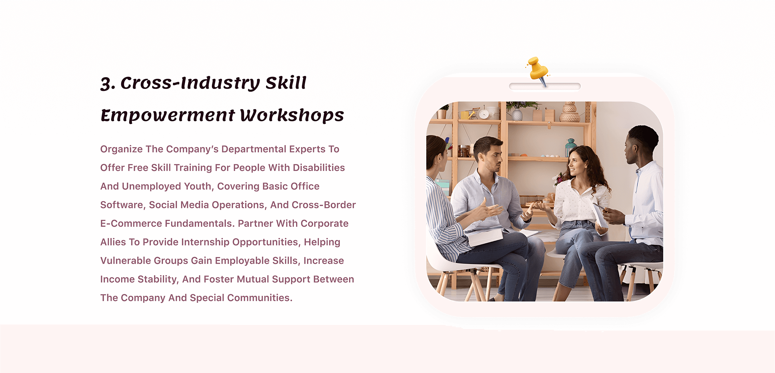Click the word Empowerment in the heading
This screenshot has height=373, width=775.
pos(168,116)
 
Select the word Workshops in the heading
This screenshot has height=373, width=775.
pos(292,115)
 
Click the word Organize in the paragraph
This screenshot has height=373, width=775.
pos(121,149)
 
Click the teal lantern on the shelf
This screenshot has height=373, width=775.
pos(570,147)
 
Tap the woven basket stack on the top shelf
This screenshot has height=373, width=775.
pos(570,112)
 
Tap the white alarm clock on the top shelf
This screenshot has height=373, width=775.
pos(484,114)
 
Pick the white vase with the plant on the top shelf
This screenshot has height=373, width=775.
pos(517,115)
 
